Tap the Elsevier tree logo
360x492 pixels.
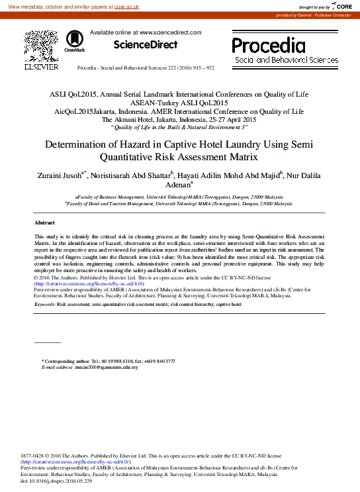click(x=41, y=46)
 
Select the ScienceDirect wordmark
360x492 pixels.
click(x=146, y=45)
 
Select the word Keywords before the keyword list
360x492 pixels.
click(x=45, y=304)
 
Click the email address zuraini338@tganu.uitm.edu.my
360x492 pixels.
click(x=106, y=366)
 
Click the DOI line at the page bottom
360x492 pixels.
click(x=56, y=481)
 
